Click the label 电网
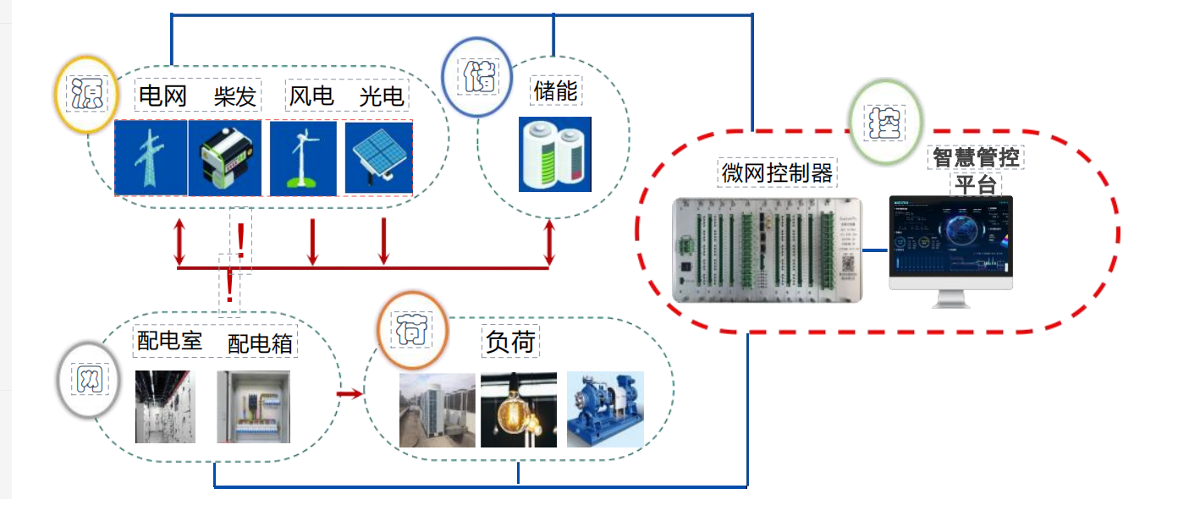point(162,96)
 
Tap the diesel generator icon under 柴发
point(224,158)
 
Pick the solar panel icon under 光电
point(379,158)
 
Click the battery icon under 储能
point(554,154)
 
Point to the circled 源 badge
point(85,94)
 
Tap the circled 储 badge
point(476,77)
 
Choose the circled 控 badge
point(885,123)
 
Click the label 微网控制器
point(777,173)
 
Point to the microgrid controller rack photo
point(767,250)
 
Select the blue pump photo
point(604,409)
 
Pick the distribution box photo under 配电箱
point(252,407)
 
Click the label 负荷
point(510,341)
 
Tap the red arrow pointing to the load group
point(348,393)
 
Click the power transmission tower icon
point(151,158)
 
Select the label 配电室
point(169,341)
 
